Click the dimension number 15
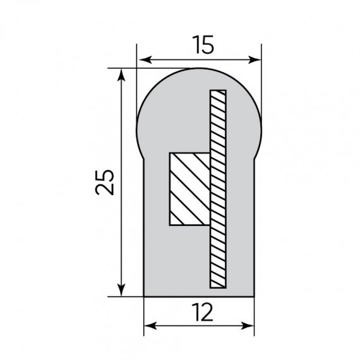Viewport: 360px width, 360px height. [203, 45]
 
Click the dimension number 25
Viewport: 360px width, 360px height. [104, 183]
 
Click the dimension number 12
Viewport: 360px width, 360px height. [203, 312]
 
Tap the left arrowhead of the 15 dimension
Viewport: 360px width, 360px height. [145, 60]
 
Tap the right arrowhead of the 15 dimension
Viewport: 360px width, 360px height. [255, 60]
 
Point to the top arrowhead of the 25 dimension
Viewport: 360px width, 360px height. [121, 75]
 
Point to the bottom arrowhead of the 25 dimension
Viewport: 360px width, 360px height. [121, 290]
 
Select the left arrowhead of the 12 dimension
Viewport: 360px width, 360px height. [150, 325]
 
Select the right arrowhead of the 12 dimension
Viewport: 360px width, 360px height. [248, 325]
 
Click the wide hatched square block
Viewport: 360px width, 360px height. [189, 189]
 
